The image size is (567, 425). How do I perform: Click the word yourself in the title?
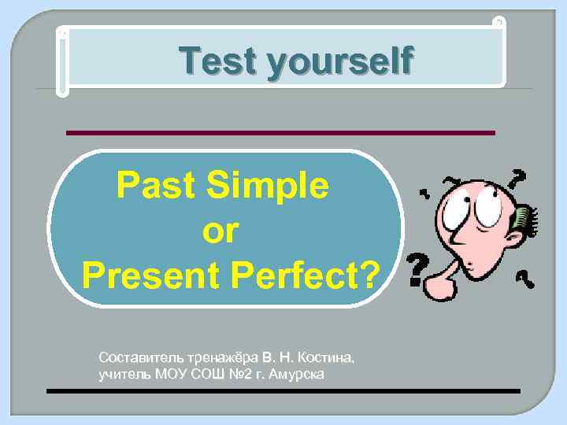[x=339, y=61]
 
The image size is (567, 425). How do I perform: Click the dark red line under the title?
[x=280, y=132]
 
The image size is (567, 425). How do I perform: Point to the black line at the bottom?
[x=283, y=390]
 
